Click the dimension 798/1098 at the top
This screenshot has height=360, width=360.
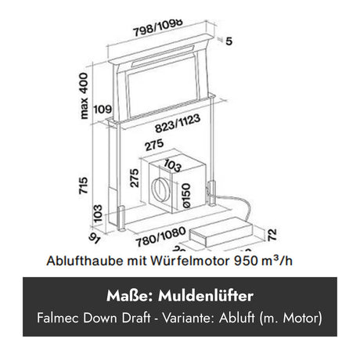pos(158,27)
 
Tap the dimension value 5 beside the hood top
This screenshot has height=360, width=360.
pos(229,41)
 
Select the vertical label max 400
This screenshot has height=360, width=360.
pos(84,95)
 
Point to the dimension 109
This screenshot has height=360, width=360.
pos(103,109)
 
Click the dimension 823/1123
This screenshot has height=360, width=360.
pos(178,123)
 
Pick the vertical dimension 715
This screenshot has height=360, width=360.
pos(83,185)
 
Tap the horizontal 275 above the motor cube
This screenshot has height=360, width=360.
pos(154,145)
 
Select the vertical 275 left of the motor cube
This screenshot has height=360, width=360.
pos(134,178)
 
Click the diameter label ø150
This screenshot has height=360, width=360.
pos(187,196)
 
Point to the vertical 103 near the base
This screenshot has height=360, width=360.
pos(98,214)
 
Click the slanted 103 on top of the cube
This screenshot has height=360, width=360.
pos(172,166)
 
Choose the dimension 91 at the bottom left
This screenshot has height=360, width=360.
pos(94,239)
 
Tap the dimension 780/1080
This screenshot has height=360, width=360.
pos(160,237)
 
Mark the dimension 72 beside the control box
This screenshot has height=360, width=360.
pos(272,235)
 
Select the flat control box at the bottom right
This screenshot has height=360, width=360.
pos(221,232)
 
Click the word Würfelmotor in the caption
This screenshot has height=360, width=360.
pos(190,261)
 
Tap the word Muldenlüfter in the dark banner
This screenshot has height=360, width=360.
pos(206,296)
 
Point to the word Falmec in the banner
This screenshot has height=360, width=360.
pos(58,318)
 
